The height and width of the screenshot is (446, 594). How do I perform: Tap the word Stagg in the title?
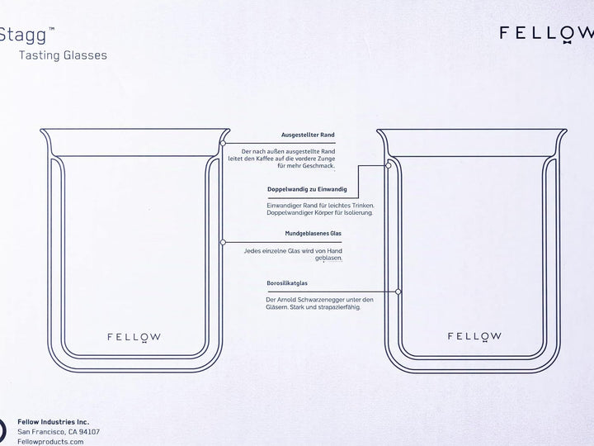click(x=23, y=36)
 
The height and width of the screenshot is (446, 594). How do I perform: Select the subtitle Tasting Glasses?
click(x=63, y=55)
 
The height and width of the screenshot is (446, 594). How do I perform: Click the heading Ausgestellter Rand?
click(x=308, y=135)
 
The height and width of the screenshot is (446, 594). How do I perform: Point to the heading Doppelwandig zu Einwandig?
click(x=307, y=189)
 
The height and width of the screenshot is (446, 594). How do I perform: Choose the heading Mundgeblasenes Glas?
click(x=313, y=233)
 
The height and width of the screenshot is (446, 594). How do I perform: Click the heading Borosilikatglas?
click(x=287, y=283)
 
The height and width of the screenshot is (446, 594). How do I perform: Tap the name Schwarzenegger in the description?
click(x=321, y=300)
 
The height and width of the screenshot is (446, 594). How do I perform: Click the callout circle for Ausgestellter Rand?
click(x=223, y=143)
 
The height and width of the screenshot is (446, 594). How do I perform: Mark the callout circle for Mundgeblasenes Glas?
click(x=223, y=242)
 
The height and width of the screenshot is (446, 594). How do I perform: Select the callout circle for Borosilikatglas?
click(x=398, y=292)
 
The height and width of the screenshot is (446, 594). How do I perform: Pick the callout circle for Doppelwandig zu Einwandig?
click(x=389, y=165)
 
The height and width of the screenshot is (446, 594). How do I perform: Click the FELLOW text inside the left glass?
click(x=134, y=337)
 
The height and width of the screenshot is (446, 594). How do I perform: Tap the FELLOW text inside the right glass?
click(x=474, y=336)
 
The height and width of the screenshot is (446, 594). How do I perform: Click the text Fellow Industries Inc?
click(x=54, y=422)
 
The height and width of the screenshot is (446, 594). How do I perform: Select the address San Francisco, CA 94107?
click(x=59, y=432)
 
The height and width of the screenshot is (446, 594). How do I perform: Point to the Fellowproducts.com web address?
click(x=50, y=442)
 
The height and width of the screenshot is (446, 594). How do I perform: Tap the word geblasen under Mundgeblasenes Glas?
click(x=328, y=259)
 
